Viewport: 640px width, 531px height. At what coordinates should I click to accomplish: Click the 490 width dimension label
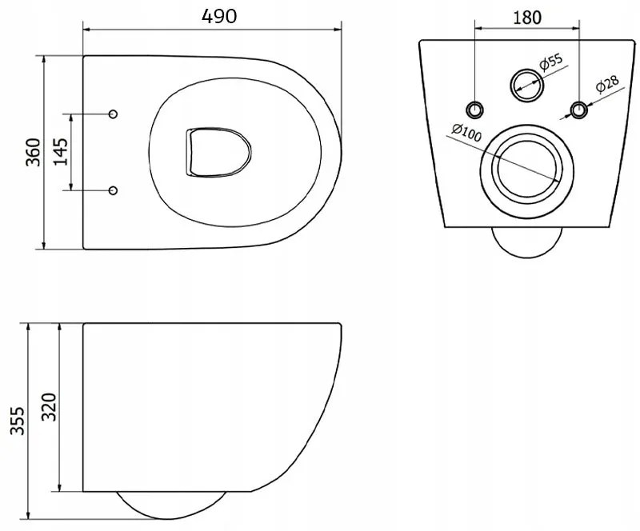tap(219, 16)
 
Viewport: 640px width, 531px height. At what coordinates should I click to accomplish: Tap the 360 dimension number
tap(34, 152)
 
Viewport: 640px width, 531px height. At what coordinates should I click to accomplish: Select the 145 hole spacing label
tap(61, 152)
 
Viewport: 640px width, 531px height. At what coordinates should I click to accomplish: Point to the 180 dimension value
tap(527, 18)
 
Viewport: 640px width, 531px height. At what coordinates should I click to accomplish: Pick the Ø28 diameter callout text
tap(607, 85)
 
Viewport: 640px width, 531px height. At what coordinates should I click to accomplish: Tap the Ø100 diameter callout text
tap(466, 133)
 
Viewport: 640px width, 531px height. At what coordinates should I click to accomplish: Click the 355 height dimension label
tap(18, 421)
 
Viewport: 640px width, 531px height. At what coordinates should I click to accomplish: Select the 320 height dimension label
tap(49, 407)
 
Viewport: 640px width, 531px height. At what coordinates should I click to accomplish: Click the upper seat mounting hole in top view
tap(113, 114)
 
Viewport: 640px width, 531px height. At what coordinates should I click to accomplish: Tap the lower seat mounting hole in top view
tap(113, 190)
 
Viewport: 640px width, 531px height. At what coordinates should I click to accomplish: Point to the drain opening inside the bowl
tap(218, 153)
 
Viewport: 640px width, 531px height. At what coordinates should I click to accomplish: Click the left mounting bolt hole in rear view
tap(474, 110)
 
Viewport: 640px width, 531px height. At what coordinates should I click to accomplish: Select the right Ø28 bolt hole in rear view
tap(578, 110)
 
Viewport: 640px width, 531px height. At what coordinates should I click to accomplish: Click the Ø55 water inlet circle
tap(526, 85)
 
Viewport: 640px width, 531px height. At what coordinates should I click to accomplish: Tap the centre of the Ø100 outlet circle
tap(527, 171)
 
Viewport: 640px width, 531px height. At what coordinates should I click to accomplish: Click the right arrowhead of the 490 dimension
tap(338, 29)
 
